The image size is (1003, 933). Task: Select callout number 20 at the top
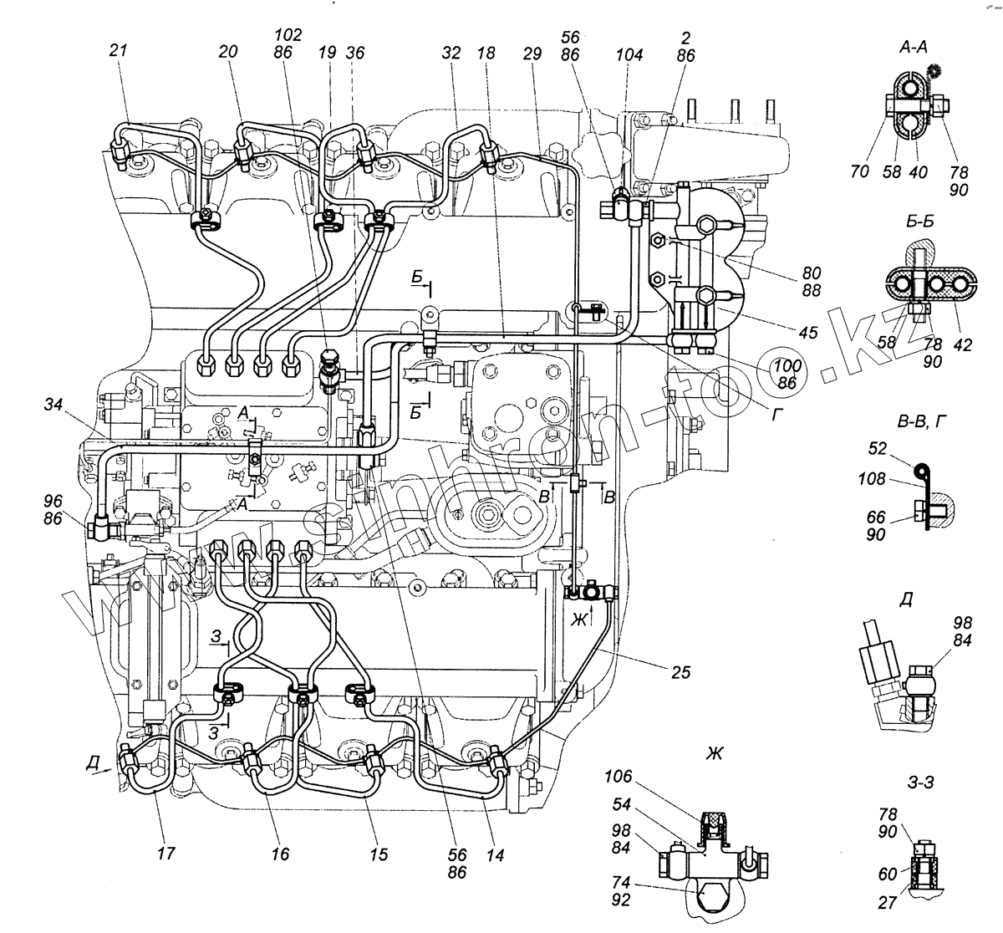229,52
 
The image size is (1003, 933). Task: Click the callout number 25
681,671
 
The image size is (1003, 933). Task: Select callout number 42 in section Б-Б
963,344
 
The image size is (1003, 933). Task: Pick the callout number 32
451,53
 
